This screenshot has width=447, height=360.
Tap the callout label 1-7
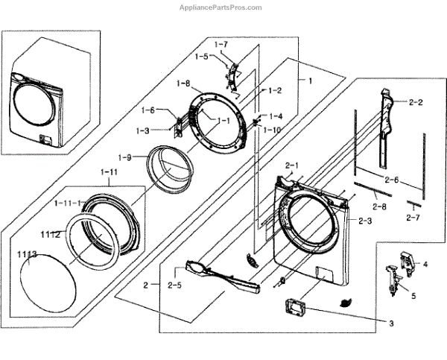(221, 45)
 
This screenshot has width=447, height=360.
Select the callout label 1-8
(184, 83)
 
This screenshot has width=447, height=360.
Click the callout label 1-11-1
(69, 203)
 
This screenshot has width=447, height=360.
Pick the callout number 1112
(50, 234)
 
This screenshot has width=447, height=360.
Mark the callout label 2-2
(416, 101)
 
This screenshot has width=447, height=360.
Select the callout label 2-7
(413, 218)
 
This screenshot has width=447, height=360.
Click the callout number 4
(425, 264)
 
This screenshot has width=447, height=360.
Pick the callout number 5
(414, 295)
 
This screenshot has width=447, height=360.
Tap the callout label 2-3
(365, 221)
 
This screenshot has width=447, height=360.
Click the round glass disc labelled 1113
(46, 286)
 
